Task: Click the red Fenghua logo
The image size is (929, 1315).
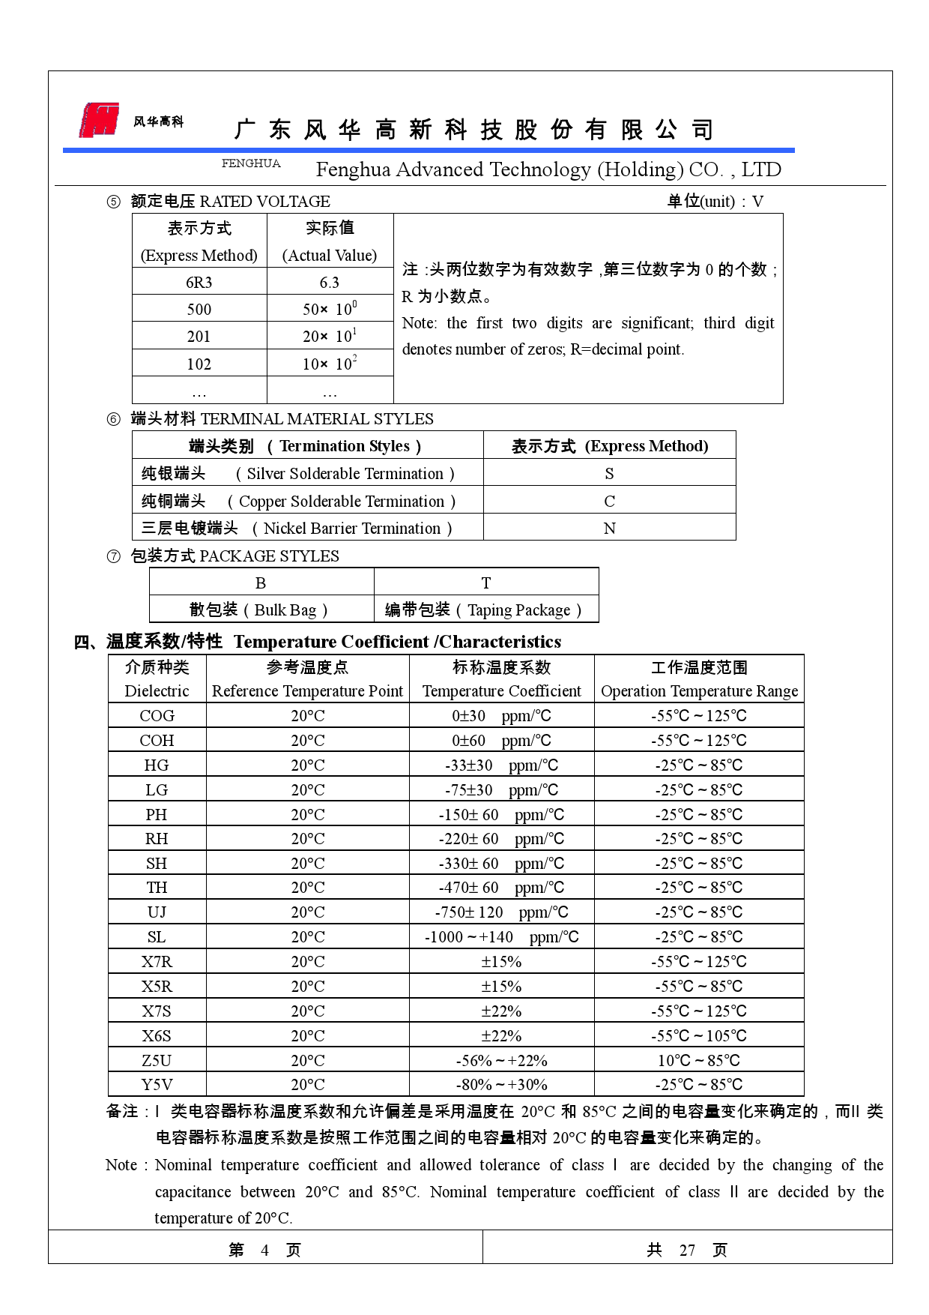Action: click(x=100, y=120)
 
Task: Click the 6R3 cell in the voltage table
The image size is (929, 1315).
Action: click(x=199, y=283)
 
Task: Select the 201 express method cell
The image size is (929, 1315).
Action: click(x=199, y=337)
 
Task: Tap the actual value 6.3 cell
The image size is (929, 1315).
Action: click(x=330, y=283)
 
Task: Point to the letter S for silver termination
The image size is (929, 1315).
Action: click(x=609, y=474)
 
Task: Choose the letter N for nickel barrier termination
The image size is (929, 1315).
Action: click(x=609, y=529)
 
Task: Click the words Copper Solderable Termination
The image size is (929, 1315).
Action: click(x=342, y=502)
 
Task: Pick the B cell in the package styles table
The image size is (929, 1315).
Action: click(x=261, y=583)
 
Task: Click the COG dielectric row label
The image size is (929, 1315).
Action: click(x=157, y=716)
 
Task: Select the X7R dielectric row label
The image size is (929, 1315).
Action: click(x=157, y=962)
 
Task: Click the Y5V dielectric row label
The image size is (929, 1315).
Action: click(x=157, y=1085)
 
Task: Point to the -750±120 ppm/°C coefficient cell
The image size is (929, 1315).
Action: click(x=501, y=912)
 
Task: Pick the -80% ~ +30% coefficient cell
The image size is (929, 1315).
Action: click(x=501, y=1085)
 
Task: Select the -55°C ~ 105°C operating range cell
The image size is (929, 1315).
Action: click(x=699, y=1036)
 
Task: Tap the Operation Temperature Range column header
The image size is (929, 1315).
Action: click(x=699, y=691)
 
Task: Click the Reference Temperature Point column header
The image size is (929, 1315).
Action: click(x=307, y=691)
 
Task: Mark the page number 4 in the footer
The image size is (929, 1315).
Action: click(x=264, y=1251)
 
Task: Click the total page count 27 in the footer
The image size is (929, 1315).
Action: click(x=687, y=1251)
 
